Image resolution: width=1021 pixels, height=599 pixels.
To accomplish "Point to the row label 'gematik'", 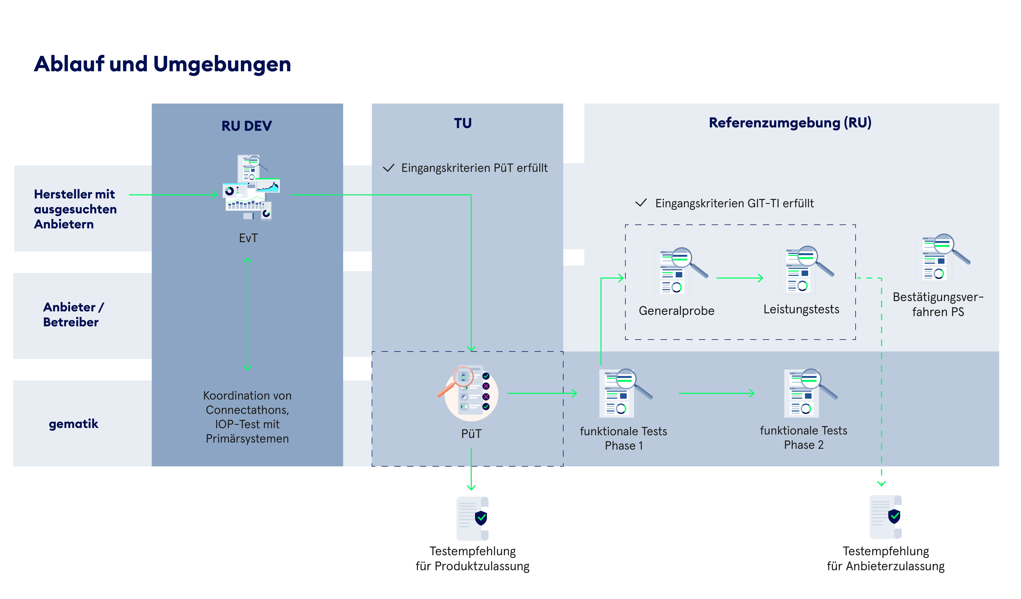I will (73, 424).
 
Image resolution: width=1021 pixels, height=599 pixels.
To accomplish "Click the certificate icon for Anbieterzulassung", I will (886, 517).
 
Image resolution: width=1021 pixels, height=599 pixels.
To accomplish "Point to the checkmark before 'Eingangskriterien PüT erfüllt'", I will (389, 168).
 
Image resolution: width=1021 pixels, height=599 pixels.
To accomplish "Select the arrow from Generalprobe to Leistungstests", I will (739, 278).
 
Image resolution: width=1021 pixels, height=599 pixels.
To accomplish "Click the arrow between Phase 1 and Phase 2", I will (716, 393).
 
